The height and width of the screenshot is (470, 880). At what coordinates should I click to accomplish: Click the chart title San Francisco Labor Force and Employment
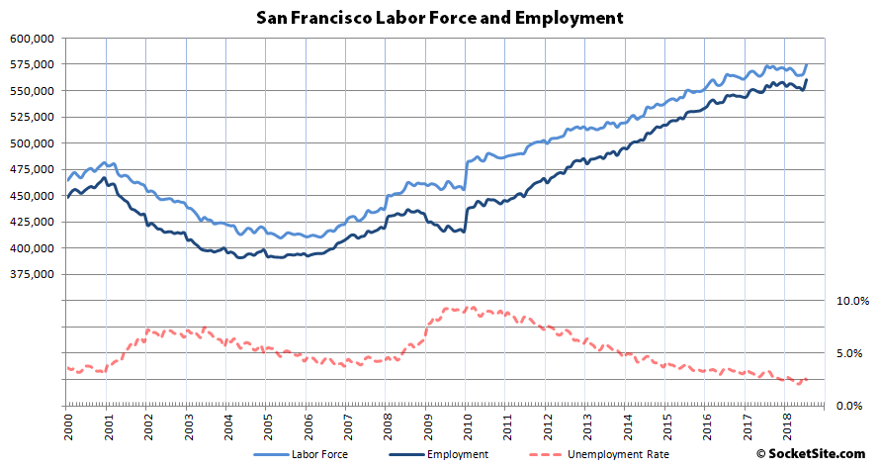point(439,17)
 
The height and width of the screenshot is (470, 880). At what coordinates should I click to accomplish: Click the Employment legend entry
point(459,455)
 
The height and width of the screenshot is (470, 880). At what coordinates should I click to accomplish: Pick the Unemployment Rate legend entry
point(617,455)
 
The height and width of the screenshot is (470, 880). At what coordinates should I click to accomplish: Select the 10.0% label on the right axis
point(852,301)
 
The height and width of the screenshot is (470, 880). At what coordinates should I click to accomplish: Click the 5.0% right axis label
point(852,353)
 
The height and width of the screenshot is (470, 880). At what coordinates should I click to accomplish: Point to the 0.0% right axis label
point(852,406)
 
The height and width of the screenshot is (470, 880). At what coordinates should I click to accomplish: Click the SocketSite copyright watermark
point(816,454)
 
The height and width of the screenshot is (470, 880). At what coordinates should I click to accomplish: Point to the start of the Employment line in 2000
point(67,198)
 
